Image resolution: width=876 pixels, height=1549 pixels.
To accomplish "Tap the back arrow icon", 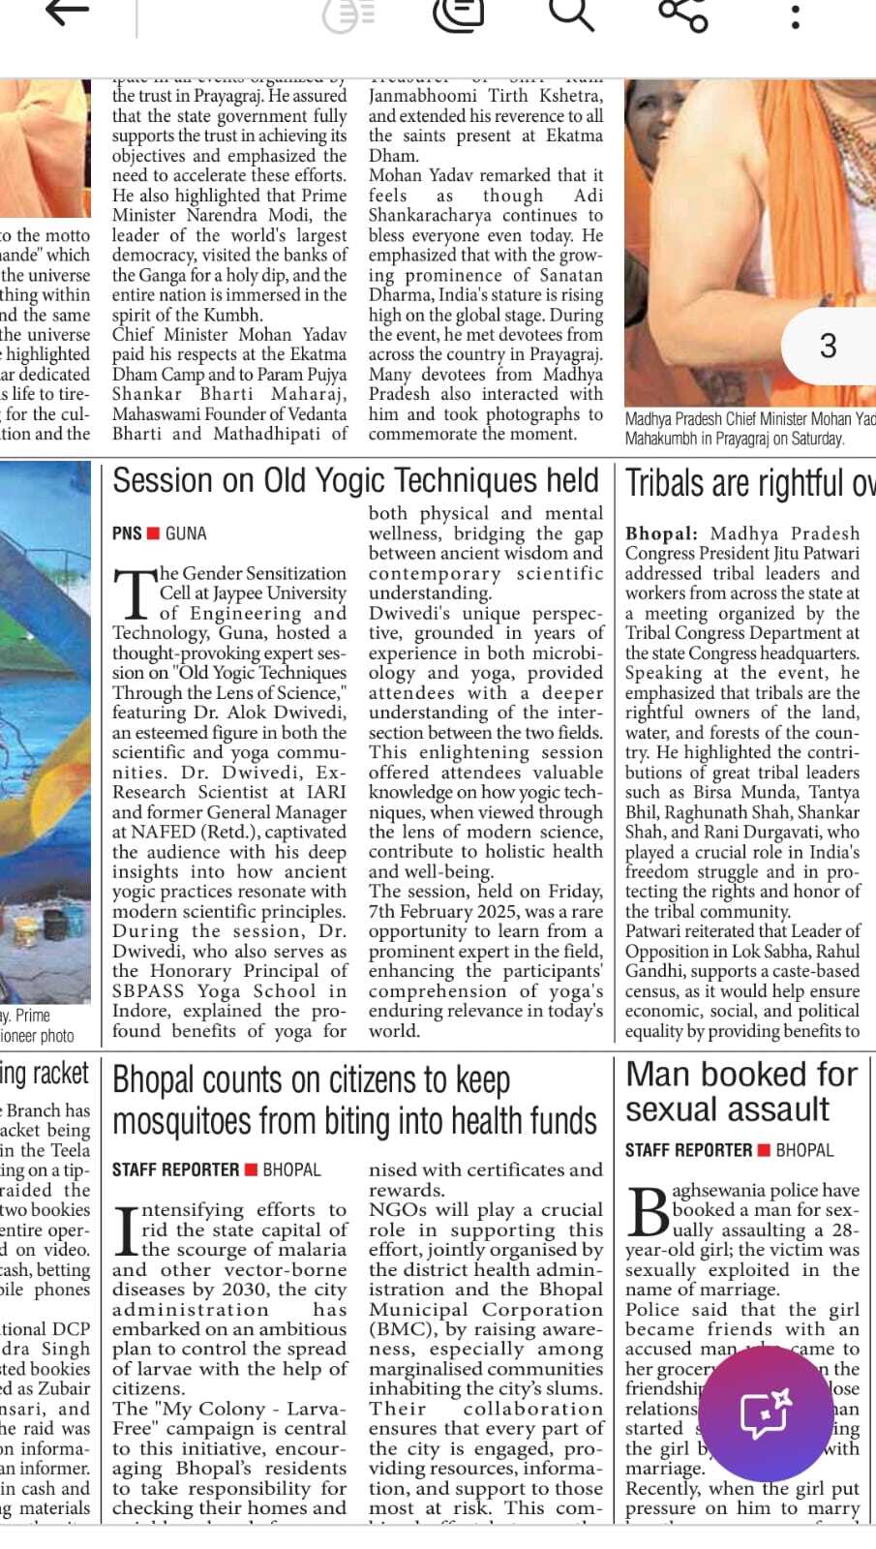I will coord(68,14).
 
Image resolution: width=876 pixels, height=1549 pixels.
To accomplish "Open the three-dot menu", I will coord(795,15).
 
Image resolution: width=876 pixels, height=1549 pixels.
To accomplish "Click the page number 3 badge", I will coord(828,346).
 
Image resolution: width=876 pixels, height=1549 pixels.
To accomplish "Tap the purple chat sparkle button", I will coord(765,1414).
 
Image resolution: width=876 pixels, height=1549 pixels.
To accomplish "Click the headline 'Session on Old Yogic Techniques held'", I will coord(355,481).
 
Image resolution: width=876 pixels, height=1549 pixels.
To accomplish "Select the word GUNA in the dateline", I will coord(186,533).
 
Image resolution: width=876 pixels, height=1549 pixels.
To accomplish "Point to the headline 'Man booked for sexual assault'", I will coord(740,1091).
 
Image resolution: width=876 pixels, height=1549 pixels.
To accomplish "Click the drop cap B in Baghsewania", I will coord(647,1210).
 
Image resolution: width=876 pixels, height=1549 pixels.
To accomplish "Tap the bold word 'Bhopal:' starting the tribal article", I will coord(661,533).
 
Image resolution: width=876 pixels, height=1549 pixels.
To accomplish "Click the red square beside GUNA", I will coord(153,533).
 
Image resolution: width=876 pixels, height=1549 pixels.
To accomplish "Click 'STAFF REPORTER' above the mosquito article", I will coord(175,1169).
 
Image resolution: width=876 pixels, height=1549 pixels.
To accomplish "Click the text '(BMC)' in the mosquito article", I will coord(403,1329).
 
